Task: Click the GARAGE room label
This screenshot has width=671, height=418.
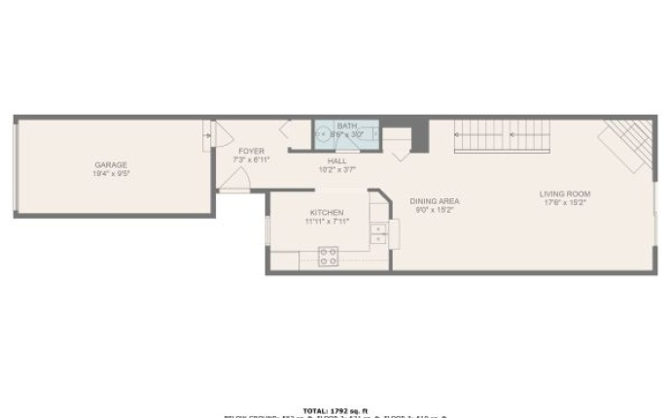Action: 110,165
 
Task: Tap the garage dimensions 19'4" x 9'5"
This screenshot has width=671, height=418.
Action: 110,174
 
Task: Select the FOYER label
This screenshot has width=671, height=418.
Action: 251,152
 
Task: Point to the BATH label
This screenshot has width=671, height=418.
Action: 346,126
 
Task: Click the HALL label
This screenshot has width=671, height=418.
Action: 337,161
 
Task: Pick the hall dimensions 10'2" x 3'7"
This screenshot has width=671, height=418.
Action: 337,169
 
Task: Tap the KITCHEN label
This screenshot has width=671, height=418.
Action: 327,213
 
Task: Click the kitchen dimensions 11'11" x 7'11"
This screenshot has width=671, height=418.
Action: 327,222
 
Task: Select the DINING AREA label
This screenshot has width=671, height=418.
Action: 435,201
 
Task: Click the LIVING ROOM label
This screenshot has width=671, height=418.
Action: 565,193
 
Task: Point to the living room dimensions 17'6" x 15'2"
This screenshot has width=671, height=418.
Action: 565,202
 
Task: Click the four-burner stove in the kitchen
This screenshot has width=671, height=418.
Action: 329,257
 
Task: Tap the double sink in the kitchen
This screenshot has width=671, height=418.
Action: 377,233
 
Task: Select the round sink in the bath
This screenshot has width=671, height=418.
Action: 321,135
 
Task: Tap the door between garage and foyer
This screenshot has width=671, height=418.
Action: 208,135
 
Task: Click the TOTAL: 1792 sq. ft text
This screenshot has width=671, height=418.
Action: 335,410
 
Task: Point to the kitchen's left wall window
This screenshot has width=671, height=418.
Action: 267,232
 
